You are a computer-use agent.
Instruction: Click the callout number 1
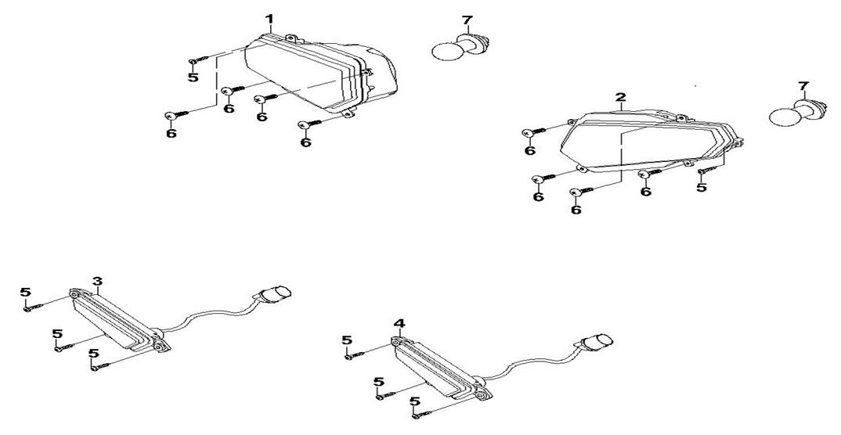click(270, 20)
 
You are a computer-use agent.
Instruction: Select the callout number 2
click(620, 98)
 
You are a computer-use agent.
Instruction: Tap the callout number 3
click(97, 281)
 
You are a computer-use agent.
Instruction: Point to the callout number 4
click(399, 324)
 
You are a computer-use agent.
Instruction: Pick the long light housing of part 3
click(118, 322)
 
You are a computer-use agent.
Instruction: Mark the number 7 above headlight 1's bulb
click(467, 21)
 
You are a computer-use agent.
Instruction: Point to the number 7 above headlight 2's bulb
click(803, 86)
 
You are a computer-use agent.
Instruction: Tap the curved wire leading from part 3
click(209, 317)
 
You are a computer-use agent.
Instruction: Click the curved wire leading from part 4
click(531, 366)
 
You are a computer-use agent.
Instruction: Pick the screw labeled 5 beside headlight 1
click(197, 62)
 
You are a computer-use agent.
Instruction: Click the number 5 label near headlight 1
click(193, 77)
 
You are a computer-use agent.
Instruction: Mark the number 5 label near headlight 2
click(702, 188)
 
